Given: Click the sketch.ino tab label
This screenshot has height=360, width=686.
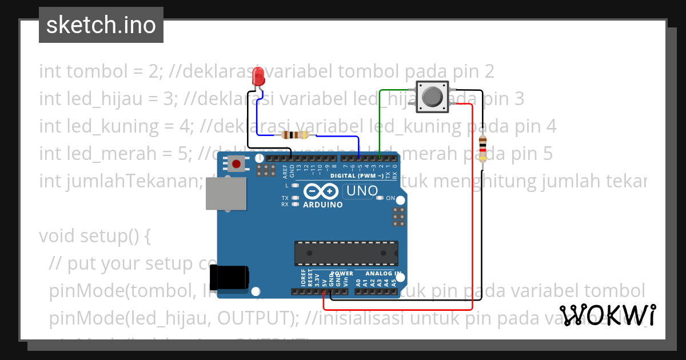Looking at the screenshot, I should [101, 25].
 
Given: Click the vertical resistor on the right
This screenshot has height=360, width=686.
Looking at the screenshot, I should [482, 149].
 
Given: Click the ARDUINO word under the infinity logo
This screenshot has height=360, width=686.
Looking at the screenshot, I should [323, 205].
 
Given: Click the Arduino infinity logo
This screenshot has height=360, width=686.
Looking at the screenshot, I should [322, 191].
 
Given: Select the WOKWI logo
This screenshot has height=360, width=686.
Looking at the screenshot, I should [607, 315].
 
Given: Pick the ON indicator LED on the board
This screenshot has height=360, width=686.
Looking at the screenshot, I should [380, 198].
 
